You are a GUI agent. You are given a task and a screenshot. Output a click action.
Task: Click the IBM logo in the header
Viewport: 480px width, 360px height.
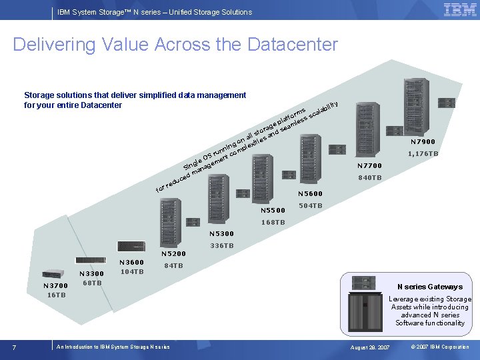click(459, 9)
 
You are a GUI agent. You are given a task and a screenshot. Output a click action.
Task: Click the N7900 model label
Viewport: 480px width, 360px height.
click(423, 142)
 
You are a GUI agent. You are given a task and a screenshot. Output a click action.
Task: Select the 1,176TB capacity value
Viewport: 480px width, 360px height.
click(423, 154)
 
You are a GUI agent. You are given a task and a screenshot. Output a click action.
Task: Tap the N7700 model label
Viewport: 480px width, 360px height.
click(369, 166)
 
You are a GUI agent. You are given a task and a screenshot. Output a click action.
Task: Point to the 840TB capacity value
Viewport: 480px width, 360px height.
click(369, 178)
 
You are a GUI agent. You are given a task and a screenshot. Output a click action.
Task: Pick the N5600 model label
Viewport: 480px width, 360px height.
click(310, 194)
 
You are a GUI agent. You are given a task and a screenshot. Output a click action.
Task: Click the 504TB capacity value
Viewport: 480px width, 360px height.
click(310, 206)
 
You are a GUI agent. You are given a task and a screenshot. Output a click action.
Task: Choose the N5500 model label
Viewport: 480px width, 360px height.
click(273, 210)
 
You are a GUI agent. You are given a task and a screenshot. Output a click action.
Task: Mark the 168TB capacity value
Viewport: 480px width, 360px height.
click(273, 222)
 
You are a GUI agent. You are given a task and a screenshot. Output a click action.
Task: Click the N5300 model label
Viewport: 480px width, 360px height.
click(221, 234)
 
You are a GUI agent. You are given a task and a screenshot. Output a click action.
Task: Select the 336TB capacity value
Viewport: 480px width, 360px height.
click(221, 246)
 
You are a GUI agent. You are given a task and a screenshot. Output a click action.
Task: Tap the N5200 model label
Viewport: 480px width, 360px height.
click(174, 254)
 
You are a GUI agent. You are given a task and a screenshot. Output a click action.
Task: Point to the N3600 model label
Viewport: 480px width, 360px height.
click(131, 263)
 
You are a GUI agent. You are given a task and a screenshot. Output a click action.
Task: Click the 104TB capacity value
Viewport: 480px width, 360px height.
click(131, 271)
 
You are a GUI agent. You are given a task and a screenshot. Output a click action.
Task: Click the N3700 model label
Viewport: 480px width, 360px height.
click(56, 286)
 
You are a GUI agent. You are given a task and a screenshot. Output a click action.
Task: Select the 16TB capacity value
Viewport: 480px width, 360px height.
click(56, 295)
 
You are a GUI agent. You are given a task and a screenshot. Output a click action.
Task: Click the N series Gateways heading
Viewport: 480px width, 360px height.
click(429, 287)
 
